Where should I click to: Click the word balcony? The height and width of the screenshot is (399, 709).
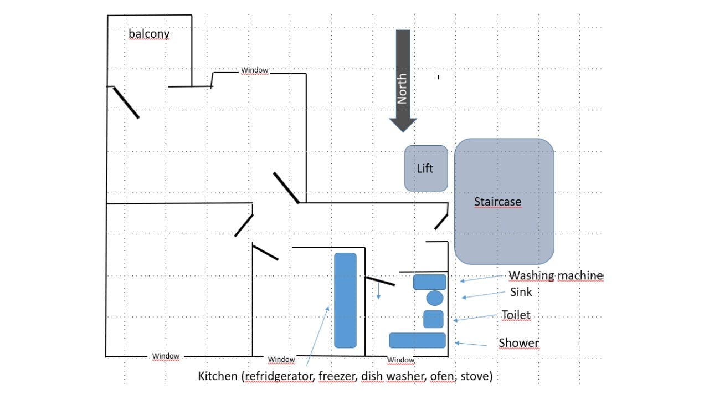tap(148, 34)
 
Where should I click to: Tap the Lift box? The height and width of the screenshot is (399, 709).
tap(425, 168)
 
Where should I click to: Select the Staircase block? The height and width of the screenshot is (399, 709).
tap(504, 201)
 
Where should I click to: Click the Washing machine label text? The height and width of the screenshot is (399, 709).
tap(555, 275)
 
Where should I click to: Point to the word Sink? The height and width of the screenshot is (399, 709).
tap(521, 292)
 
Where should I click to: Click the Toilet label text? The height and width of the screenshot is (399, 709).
tap(516, 315)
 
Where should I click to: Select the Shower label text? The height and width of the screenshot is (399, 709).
tap(518, 343)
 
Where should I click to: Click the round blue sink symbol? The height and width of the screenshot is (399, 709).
tap(435, 298)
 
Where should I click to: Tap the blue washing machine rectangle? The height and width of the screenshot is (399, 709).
tap(430, 282)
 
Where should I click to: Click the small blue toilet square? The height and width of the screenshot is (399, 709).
tap(433, 319)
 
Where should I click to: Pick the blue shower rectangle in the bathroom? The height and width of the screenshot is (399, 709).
tap(417, 340)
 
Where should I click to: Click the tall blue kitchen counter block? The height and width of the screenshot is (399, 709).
tap(345, 300)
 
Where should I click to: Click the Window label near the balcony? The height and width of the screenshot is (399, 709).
tap(254, 70)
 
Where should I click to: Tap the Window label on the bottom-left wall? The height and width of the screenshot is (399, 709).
tap(166, 356)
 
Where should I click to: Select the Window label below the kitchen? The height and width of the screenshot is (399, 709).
tap(281, 360)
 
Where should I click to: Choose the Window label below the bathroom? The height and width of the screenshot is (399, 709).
tap(400, 360)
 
